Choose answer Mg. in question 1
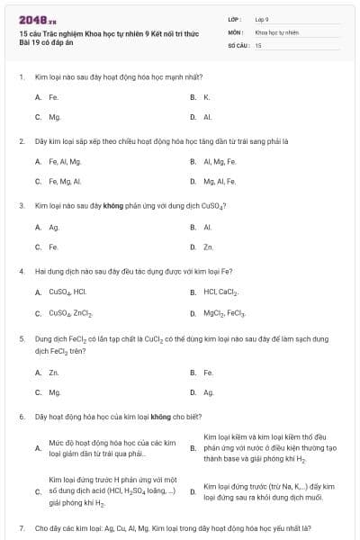(x=54, y=117)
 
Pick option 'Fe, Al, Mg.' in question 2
(x=65, y=161)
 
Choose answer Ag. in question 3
(x=54, y=227)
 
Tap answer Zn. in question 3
(x=208, y=247)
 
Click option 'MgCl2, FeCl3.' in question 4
(x=225, y=313)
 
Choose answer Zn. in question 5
(x=54, y=372)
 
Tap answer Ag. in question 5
(x=208, y=392)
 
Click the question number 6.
(x=21, y=418)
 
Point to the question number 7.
(x=21, y=527)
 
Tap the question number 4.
(x=21, y=270)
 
